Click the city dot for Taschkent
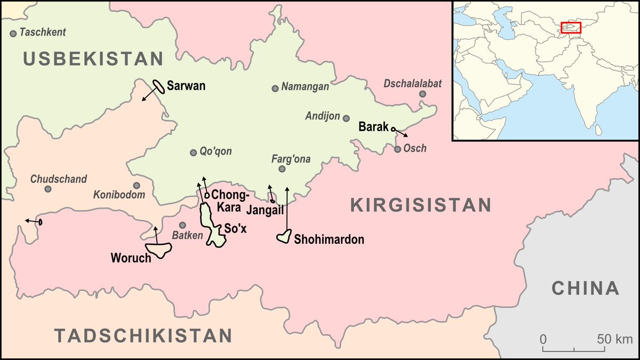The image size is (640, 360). coord(13,33)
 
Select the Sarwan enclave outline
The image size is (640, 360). coord(158,85)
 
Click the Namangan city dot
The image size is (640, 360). coord(275,89)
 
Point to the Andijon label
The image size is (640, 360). coord(323,116)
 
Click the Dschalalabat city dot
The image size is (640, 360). coord(422,94)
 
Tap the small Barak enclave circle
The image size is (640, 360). coord(393,129)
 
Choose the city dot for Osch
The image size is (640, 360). coord(397,149)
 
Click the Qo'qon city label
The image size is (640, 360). coord(216,151)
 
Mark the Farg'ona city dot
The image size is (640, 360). coord(282,169)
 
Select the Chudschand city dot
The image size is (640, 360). coord(48,189)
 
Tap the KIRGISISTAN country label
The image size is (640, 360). coord(420,205)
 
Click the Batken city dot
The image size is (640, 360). coord(182,225)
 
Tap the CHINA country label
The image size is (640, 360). coord(585,289)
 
